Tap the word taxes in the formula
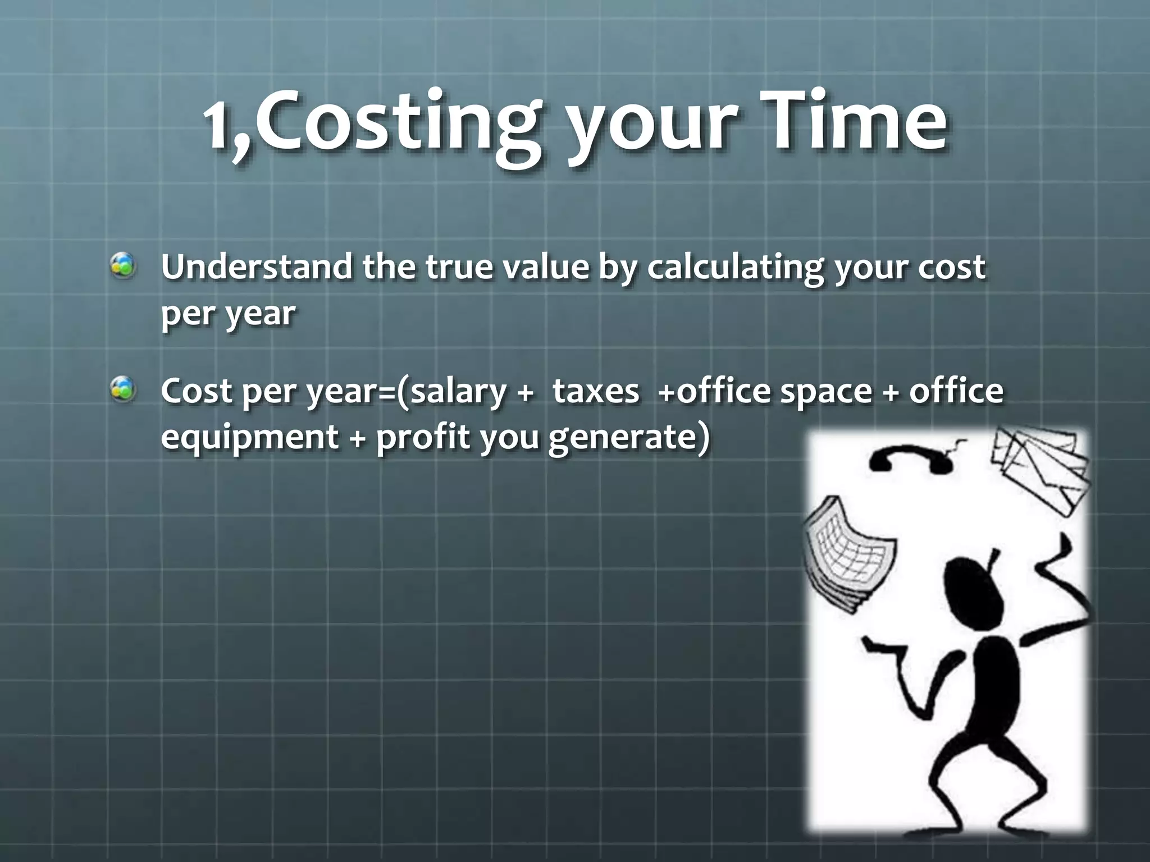[x=596, y=391]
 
